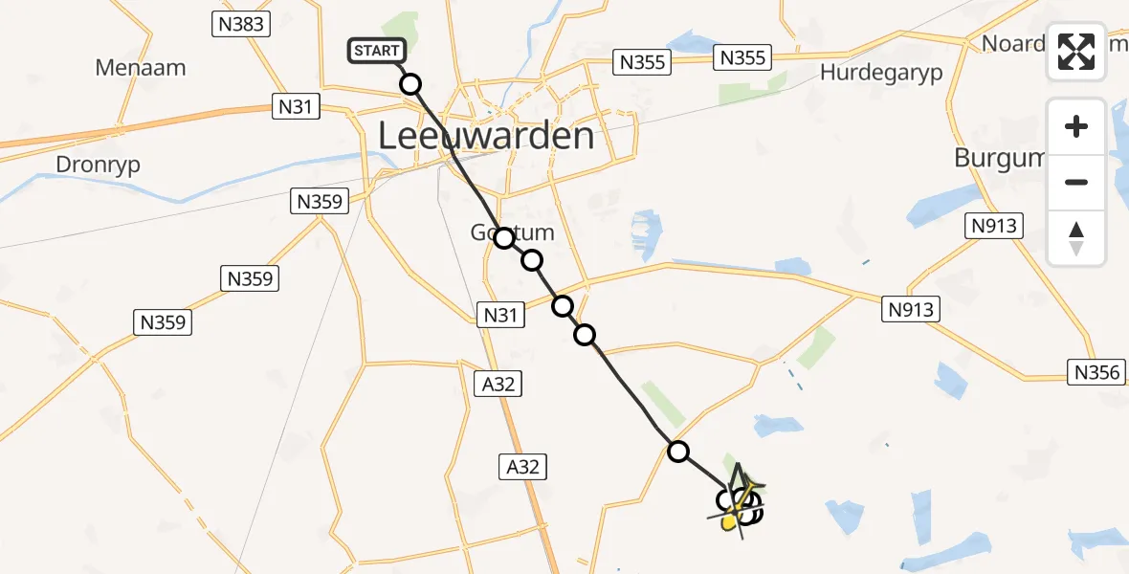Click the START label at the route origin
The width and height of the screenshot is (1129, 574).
click(x=379, y=51)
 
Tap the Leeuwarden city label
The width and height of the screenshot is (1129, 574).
click(x=486, y=136)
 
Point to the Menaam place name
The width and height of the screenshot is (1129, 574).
click(x=141, y=68)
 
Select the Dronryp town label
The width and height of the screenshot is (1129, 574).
click(x=98, y=165)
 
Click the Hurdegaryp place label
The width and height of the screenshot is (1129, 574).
click(x=881, y=73)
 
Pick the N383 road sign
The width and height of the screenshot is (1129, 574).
click(x=240, y=24)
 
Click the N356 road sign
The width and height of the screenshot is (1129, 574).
click(x=1096, y=372)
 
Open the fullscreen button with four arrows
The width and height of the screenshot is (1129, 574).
click(x=1076, y=52)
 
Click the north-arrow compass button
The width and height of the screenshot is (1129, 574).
click(x=1076, y=238)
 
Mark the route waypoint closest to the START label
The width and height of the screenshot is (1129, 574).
click(x=410, y=84)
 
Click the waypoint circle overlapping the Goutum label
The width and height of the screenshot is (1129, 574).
click(x=504, y=238)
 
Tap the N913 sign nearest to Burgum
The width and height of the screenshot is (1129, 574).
click(x=995, y=227)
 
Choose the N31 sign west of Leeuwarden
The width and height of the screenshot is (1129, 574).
click(x=295, y=107)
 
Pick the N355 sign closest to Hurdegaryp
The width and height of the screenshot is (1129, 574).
click(x=742, y=58)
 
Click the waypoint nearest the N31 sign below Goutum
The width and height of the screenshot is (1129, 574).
click(x=563, y=306)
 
